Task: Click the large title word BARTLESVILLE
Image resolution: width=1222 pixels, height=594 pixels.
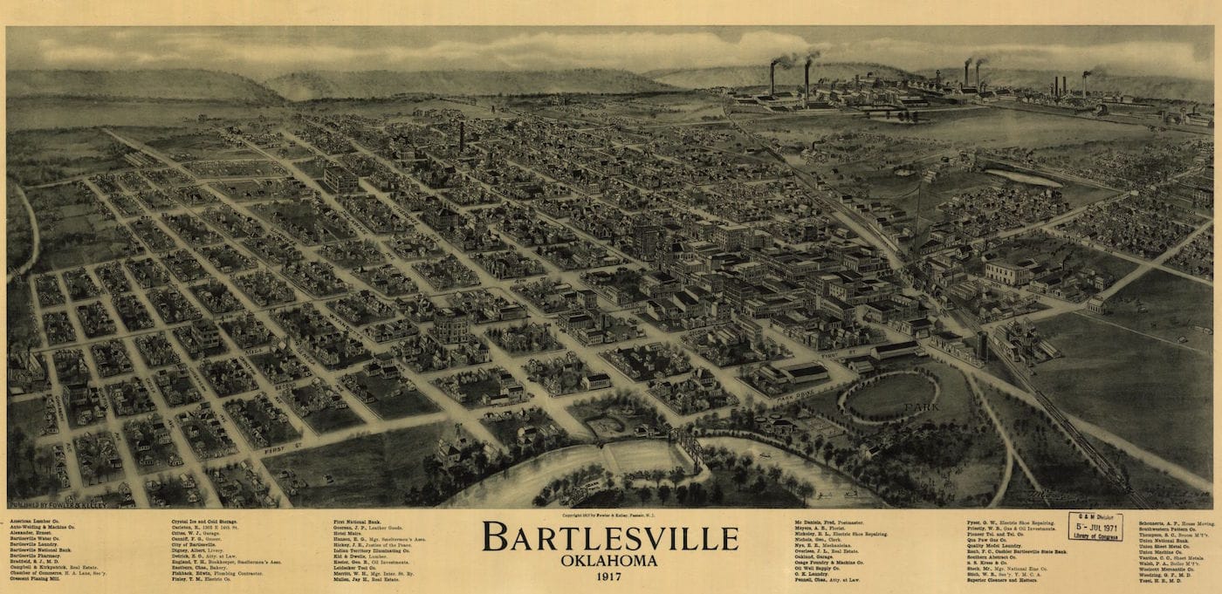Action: (610, 537)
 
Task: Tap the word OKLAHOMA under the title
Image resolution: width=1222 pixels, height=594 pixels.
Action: (610, 560)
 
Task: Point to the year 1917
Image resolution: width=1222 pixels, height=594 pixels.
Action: (610, 577)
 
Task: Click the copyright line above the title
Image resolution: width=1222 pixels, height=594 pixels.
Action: (610, 515)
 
